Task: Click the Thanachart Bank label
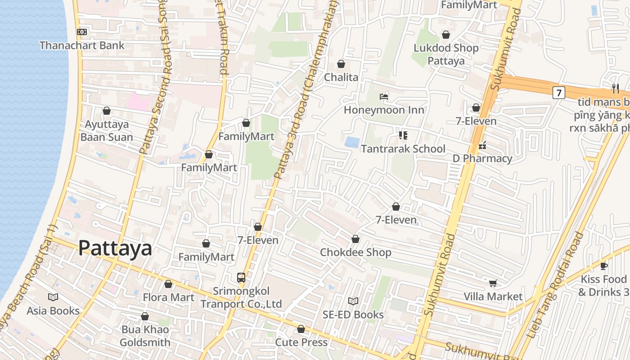coord(82,45)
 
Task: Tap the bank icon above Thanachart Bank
coord(81,32)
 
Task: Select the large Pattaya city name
coord(115,248)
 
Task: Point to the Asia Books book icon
coord(53,297)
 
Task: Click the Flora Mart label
coord(169,297)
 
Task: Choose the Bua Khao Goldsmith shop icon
coord(145,317)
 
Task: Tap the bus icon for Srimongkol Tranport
coord(241,277)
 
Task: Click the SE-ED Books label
coord(353,315)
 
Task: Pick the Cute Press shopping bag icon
coord(301,329)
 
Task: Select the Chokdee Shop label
coord(355,252)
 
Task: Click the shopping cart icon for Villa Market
coord(493,283)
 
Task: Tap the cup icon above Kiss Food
coord(604,266)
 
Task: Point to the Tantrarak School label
coord(403,148)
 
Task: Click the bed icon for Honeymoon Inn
coord(384,97)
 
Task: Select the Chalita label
coord(342,77)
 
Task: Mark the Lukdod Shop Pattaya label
coord(446,54)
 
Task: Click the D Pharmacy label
coord(482,158)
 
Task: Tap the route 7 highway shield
coord(558,93)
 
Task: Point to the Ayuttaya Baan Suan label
coord(107,130)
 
